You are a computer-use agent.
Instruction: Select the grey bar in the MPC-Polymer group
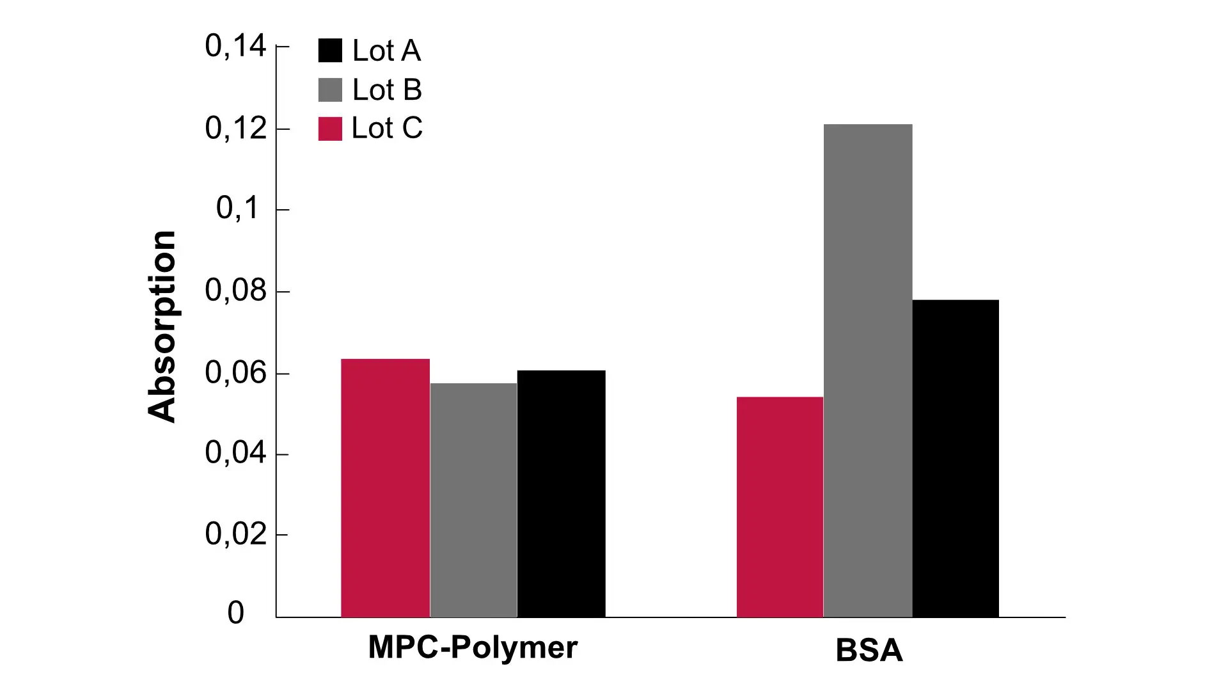(x=473, y=500)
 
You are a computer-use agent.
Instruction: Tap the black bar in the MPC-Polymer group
(x=561, y=493)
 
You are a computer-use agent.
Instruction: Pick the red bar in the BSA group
(x=780, y=507)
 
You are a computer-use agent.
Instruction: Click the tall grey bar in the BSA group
(x=867, y=370)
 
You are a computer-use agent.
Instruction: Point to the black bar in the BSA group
(x=956, y=458)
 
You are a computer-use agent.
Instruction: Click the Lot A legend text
(x=386, y=51)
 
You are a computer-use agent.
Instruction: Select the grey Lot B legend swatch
(x=330, y=90)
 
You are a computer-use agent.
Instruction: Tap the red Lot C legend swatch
(x=330, y=129)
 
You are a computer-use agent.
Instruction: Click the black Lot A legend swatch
(x=330, y=51)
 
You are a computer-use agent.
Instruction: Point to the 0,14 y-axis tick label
(x=235, y=46)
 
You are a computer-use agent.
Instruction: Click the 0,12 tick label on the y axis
(x=235, y=129)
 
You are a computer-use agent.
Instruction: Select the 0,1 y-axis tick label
(x=238, y=208)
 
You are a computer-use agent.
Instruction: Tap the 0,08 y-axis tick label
(x=235, y=290)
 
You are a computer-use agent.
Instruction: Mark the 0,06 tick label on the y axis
(x=235, y=372)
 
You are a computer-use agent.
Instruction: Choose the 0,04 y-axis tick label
(x=235, y=453)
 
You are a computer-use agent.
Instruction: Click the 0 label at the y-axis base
(x=235, y=613)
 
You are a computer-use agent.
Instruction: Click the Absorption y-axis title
(x=161, y=326)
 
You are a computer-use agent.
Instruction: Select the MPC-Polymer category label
(x=473, y=647)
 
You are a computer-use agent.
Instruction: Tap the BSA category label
(x=869, y=651)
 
